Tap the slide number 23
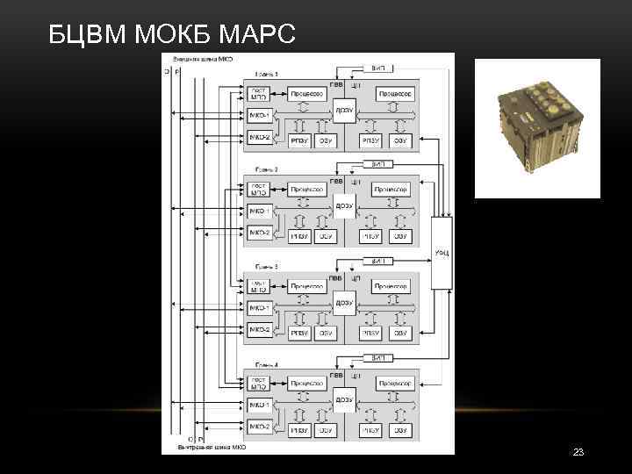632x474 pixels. (x=578, y=452)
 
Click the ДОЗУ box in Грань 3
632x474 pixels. (x=344, y=303)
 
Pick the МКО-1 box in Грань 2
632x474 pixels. (x=259, y=211)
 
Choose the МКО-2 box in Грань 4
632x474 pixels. (x=259, y=427)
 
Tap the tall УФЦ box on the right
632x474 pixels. (x=442, y=254)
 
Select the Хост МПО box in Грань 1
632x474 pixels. (x=259, y=93)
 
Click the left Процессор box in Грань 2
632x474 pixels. (x=307, y=189)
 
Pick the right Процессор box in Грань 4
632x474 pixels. (x=392, y=384)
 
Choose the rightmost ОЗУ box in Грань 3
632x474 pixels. (x=400, y=333)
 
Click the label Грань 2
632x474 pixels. (x=266, y=169)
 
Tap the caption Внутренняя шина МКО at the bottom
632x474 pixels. (x=212, y=447)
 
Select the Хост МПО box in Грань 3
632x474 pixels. (x=259, y=285)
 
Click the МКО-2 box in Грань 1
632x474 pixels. (x=259, y=137)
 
